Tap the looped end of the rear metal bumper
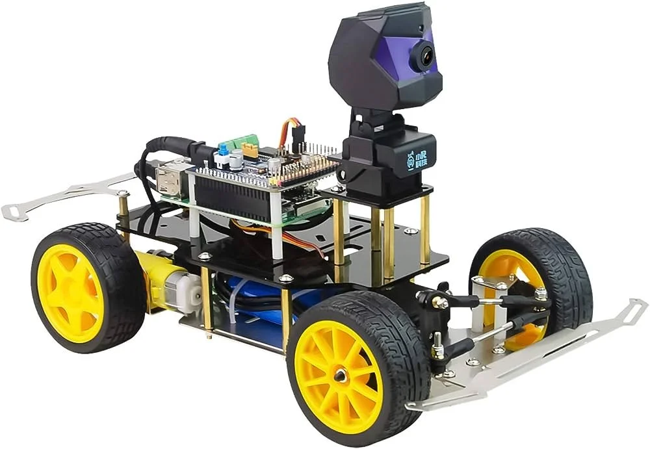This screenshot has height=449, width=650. click(14, 212)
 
